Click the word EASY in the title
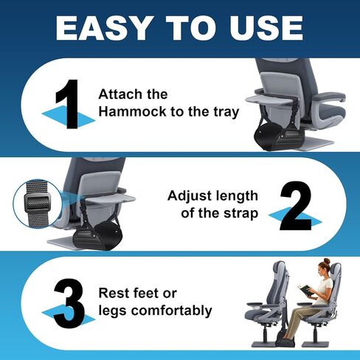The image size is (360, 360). click(103, 27)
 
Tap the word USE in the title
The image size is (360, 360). click(266, 27)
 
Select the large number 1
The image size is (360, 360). click(68, 104)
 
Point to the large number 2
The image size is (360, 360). click(296, 206)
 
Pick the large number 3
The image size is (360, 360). click(69, 303)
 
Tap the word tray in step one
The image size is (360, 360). click(226, 112)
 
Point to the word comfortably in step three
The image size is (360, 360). click(171, 311)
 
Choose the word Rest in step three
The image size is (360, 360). click(113, 293)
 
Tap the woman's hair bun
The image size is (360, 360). click(327, 261)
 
